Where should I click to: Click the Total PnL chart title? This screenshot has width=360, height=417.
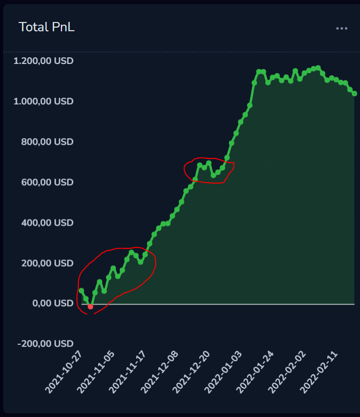(x=47, y=27)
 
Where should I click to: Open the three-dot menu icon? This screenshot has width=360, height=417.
(x=342, y=28)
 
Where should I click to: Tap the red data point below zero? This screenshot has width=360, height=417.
(x=91, y=307)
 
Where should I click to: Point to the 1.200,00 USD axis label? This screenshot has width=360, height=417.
(x=44, y=61)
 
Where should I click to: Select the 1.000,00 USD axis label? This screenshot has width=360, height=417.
(x=44, y=101)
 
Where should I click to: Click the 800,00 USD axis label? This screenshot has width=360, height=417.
(x=47, y=142)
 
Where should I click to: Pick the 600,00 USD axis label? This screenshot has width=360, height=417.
(x=47, y=182)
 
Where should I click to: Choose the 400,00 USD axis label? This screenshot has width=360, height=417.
(x=47, y=223)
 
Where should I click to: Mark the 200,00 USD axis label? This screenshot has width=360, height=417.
(x=47, y=263)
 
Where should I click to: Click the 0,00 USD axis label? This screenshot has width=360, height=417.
(x=53, y=303)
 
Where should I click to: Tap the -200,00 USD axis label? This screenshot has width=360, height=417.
(x=45, y=344)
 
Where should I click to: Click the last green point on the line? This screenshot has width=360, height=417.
(x=354, y=93)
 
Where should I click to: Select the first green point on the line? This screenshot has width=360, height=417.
(x=81, y=291)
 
